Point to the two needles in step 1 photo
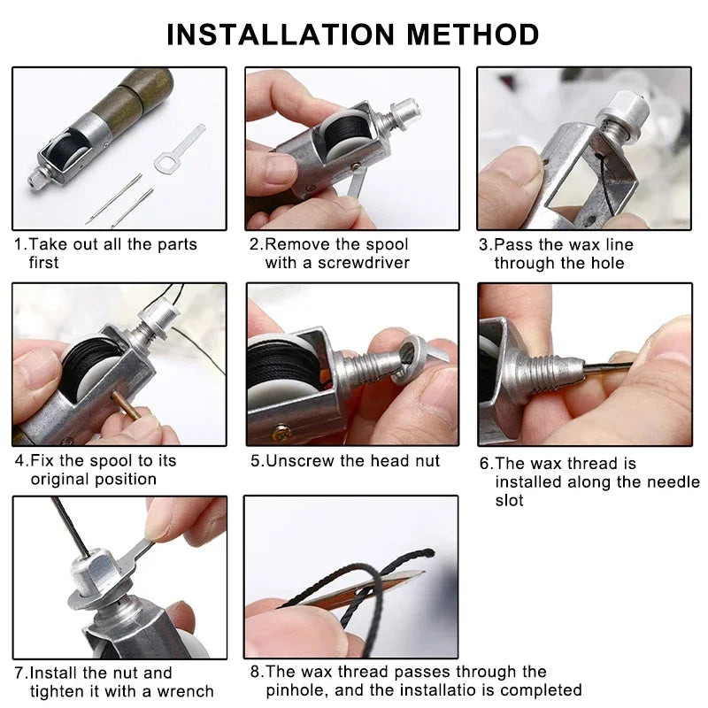point(120,198)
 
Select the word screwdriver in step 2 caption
point(364,263)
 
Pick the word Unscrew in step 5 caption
point(296,460)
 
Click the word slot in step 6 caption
point(509,500)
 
